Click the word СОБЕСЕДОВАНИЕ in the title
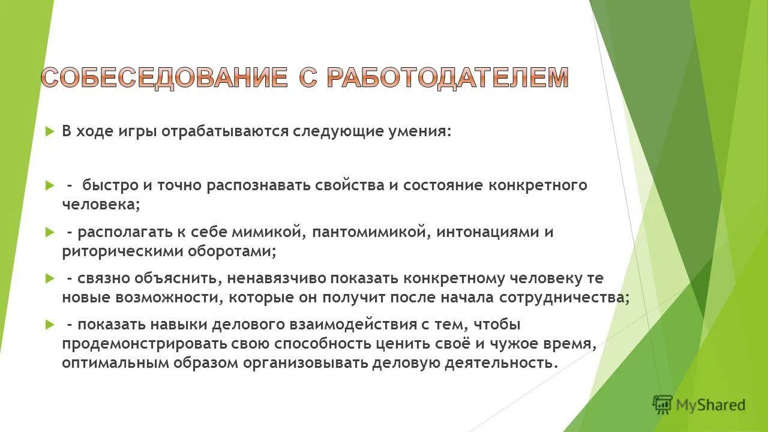pyautogui.click(x=164, y=78)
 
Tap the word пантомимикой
pyautogui.click(x=368, y=232)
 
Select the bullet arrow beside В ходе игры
pyautogui.click(x=50, y=131)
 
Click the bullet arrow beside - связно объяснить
pyautogui.click(x=50, y=278)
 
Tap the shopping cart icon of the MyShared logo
pyautogui.click(x=662, y=404)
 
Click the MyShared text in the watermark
pyautogui.click(x=710, y=406)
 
